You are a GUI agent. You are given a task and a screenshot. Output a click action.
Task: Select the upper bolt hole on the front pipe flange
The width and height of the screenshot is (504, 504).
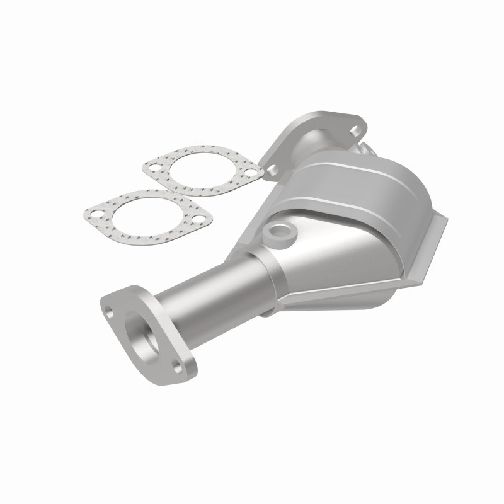(112, 311)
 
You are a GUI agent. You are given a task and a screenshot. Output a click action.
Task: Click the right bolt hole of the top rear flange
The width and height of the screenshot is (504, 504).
(356, 130)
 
